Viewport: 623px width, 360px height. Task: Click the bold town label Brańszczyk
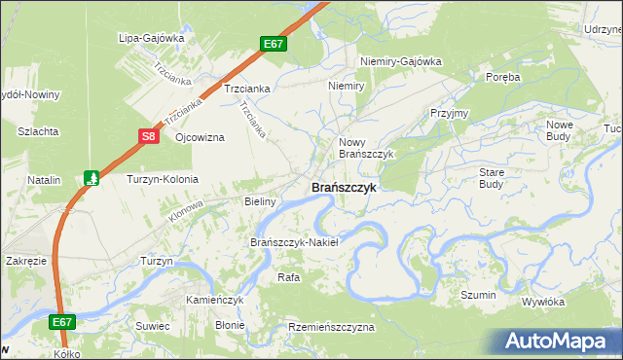(343, 188)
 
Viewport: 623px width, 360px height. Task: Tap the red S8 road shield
(148, 137)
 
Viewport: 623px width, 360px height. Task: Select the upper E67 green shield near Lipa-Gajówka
(274, 45)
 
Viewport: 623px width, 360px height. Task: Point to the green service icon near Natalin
(92, 178)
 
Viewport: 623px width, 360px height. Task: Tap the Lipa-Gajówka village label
(151, 38)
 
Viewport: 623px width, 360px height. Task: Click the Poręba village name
(503, 76)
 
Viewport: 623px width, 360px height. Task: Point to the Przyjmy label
(449, 113)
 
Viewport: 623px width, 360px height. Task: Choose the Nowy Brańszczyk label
(365, 148)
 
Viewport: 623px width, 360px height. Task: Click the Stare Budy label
(492, 177)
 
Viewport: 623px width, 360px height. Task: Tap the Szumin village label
(479, 295)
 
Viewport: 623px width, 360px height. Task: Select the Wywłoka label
(543, 302)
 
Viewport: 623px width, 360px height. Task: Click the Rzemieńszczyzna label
(331, 328)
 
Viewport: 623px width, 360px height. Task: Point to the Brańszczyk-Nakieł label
(294, 242)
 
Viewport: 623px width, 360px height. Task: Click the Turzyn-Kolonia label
(163, 179)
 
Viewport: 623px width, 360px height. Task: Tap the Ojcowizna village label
(200, 137)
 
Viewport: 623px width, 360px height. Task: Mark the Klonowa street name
(186, 210)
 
